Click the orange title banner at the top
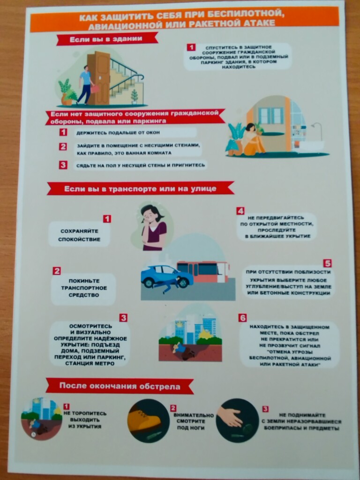pos(184,19)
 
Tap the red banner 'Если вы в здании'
pos(107,39)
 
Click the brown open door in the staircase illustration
pos(98,78)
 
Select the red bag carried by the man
pos(95,89)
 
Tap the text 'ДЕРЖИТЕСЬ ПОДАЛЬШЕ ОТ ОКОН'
pos(118,133)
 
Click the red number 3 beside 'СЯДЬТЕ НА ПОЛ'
pos(63,165)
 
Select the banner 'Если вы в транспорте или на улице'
pos(141,188)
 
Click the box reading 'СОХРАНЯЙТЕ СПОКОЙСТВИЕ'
pos(79,234)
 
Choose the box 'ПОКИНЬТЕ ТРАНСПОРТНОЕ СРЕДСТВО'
pos(83,289)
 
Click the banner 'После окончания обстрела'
pos(120,386)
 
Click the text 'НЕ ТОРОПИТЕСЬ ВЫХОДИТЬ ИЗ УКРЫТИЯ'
pos(85,420)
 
